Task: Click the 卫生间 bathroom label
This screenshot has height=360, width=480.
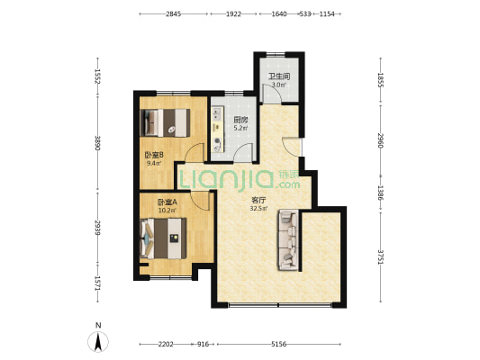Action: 279,76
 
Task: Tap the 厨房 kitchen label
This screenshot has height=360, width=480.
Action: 240,120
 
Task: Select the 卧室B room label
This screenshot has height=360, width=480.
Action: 152,155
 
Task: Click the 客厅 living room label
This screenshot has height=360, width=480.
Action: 258,201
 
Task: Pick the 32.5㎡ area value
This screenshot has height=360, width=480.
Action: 259,209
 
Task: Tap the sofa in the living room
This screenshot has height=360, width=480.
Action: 288,240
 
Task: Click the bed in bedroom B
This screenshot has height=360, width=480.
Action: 165,122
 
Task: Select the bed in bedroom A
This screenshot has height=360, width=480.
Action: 163,238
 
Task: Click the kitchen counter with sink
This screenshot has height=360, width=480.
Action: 218,129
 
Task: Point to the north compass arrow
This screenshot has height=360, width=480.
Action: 98,342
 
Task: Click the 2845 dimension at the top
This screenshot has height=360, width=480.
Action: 174,14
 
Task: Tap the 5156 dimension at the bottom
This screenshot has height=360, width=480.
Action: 279,345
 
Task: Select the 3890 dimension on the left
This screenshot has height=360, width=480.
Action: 98,143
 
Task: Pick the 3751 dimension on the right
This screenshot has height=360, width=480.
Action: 381,257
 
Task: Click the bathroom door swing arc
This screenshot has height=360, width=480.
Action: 273,89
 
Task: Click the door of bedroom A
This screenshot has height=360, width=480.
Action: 200,201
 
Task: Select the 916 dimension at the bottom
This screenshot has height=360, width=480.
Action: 203,345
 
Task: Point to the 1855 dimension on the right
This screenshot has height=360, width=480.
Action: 381,80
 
